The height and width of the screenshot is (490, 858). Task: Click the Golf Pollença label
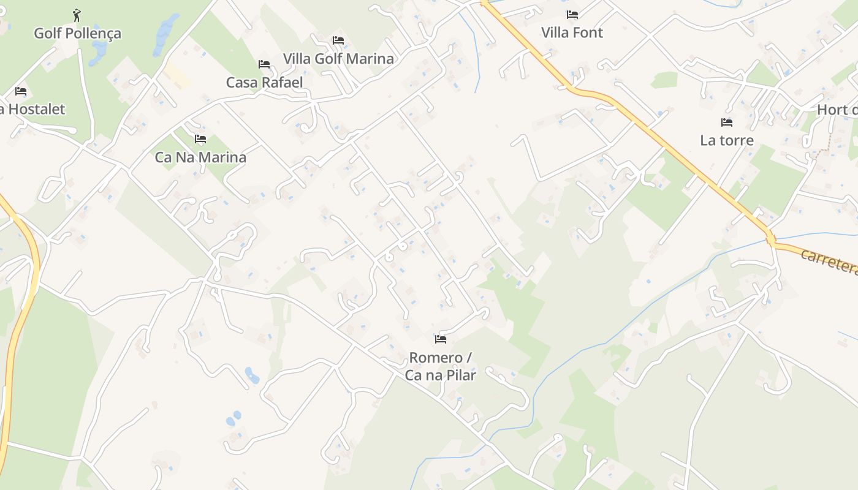click(77, 33)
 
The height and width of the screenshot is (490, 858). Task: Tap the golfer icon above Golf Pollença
click(77, 15)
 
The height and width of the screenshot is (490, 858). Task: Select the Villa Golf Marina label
click(338, 59)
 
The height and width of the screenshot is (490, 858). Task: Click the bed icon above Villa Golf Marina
click(338, 41)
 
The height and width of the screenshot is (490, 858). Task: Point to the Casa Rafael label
click(264, 82)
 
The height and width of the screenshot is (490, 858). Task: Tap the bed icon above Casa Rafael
click(264, 64)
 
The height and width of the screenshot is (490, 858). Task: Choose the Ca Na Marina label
click(200, 157)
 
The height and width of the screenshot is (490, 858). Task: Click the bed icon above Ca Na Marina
click(200, 140)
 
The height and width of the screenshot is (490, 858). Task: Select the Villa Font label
click(572, 32)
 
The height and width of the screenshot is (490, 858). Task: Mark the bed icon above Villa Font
click(572, 15)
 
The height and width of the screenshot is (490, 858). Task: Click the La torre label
click(726, 140)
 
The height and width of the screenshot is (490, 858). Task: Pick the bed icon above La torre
click(727, 123)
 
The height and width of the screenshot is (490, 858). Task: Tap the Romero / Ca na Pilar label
click(440, 366)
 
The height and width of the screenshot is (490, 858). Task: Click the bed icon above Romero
click(440, 339)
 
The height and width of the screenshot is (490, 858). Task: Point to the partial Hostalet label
click(33, 109)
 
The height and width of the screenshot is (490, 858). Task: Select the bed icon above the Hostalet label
click(21, 92)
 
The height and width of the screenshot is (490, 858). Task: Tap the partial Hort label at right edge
click(838, 110)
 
